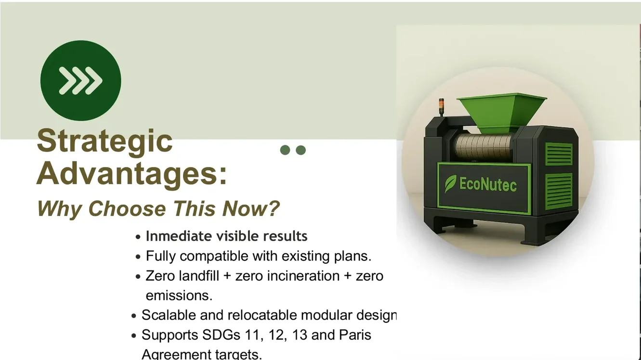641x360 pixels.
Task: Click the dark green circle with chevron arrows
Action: coord(80,80)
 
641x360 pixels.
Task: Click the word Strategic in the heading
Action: coord(105,141)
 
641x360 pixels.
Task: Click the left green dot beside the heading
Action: coord(285,150)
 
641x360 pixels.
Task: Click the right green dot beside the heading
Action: coord(301,150)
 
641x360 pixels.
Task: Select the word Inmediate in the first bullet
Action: coord(178,236)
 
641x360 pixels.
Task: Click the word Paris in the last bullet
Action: coord(355,335)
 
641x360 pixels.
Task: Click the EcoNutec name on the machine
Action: coord(487,184)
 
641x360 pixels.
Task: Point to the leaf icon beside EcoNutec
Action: coord(451,184)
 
